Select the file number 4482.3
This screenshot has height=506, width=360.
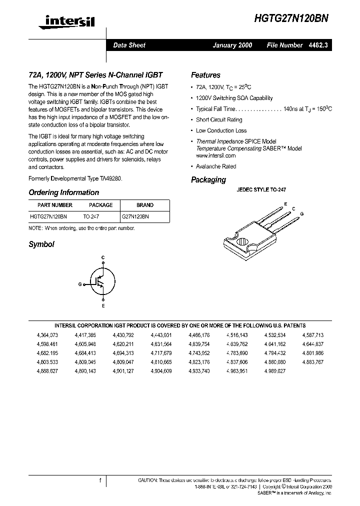[318, 45]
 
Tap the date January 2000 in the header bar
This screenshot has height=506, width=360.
[232, 45]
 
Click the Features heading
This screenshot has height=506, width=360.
[205, 75]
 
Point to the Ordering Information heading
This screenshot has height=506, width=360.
[63, 192]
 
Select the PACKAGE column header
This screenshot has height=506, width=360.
[100, 205]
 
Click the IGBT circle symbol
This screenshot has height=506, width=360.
[103, 283]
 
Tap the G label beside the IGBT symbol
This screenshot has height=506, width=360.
[80, 283]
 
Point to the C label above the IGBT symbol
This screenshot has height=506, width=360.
[103, 257]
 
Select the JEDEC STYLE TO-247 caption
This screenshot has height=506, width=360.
[260, 190]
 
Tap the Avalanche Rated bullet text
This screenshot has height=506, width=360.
[216, 166]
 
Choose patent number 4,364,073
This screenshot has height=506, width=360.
[47, 335]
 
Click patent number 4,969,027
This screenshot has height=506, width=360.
[275, 371]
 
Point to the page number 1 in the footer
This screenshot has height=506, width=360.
[100, 480]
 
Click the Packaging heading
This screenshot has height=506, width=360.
[208, 180]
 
